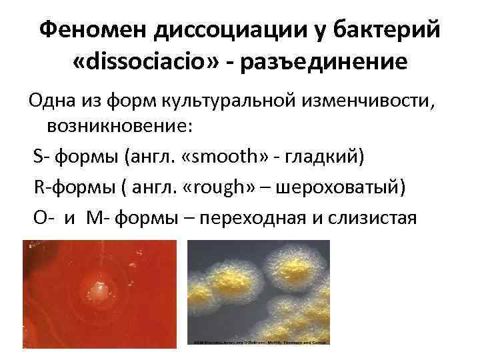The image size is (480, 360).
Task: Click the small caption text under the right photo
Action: [x=260, y=342]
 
